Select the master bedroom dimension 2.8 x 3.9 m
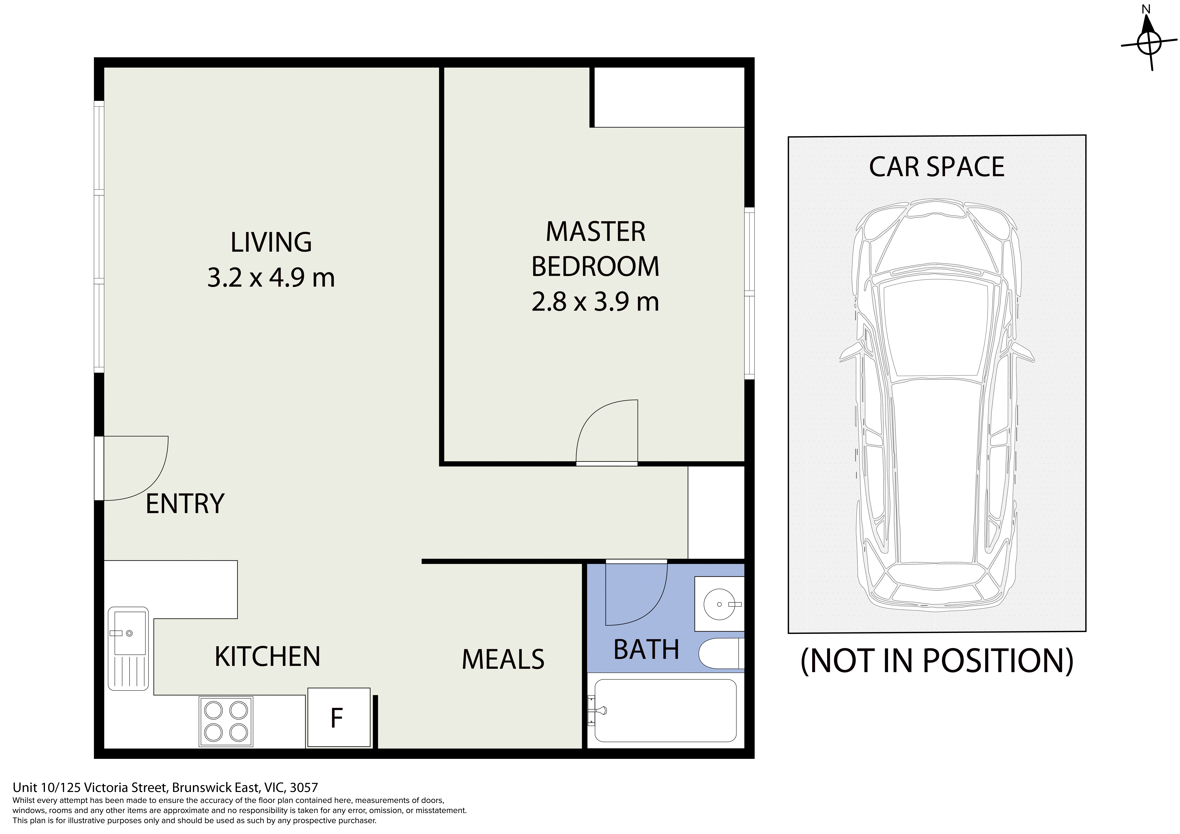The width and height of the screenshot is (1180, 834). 595,302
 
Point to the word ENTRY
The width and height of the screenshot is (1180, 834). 185,504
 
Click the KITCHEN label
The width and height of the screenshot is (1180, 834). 267,657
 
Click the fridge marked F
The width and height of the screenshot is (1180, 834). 339,717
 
